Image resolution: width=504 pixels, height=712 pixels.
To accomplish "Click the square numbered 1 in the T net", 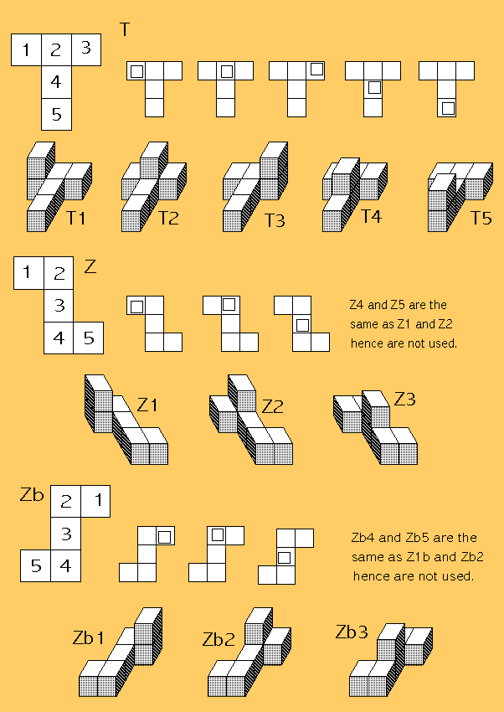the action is (26, 49).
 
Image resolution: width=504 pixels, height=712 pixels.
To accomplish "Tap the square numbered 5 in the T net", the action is (56, 115).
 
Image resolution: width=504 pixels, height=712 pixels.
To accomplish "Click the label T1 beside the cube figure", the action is (75, 218).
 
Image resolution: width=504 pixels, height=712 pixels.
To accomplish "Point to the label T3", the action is (275, 220).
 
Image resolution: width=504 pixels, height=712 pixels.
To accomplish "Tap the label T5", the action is (481, 218).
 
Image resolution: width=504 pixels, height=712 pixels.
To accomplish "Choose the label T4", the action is (371, 216).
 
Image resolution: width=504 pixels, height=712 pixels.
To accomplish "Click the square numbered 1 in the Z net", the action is (28, 273).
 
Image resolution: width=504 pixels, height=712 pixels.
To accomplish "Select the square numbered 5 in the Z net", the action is (89, 338).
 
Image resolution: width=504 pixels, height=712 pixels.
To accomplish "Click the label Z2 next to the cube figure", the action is (273, 406).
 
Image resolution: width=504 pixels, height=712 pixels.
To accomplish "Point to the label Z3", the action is (404, 399).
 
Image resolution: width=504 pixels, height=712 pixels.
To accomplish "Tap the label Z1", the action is (147, 404).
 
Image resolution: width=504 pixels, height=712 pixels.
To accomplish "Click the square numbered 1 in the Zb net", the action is (95, 501).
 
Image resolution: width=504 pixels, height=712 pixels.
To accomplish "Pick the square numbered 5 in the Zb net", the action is (35, 565).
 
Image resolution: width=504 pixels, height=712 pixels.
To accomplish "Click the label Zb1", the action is (89, 637).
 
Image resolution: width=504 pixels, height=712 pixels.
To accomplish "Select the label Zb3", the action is (352, 632).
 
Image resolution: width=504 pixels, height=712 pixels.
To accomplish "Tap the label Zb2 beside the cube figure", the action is (219, 639).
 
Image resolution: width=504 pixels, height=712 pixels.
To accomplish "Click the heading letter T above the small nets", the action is (125, 29).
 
